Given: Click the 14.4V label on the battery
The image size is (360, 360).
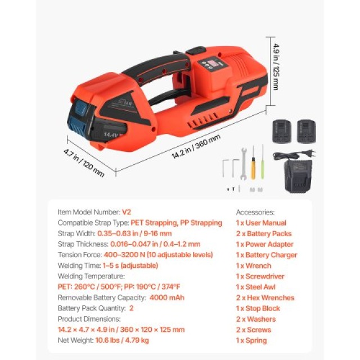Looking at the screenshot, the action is pos(111,134).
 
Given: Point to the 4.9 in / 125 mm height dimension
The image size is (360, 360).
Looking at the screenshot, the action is pos(276,67).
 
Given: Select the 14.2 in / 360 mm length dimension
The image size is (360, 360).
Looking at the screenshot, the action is pos(196,146).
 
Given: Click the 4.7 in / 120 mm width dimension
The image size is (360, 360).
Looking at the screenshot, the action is pos(84,163).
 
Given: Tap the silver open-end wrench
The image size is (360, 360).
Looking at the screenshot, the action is pos(244,164).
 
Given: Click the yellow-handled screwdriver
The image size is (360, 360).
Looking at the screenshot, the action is pos(253,163).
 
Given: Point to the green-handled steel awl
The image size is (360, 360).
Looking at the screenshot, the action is pos(263,161).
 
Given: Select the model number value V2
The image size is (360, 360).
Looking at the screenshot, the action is pos(126,212).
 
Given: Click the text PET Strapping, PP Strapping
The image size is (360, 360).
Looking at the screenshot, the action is pos(176,223).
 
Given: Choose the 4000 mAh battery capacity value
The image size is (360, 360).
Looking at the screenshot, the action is pos(166,298).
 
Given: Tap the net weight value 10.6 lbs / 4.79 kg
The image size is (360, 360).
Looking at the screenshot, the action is pos(122,340).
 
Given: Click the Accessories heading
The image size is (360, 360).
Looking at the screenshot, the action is pos(255,212).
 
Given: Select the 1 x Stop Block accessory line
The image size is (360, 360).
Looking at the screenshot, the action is pos(258,308).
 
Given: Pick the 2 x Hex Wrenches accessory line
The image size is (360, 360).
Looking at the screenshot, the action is pos(265,298).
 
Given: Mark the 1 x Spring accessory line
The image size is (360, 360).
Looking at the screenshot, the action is pos(251,340).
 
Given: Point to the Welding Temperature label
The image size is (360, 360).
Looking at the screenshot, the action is pos(91,276).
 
